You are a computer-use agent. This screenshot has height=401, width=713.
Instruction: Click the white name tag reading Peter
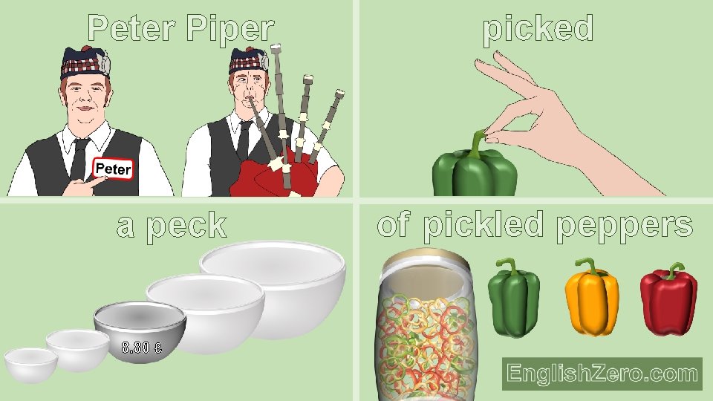112,169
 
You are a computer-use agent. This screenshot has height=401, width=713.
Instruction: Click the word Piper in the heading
230,28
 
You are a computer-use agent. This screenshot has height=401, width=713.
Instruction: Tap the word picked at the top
538,28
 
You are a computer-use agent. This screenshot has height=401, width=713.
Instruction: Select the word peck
186,225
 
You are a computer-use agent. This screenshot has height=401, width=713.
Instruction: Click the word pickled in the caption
485,225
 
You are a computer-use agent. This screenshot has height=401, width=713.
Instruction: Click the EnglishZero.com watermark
602,374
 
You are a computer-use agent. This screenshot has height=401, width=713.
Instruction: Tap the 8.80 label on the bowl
142,347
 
